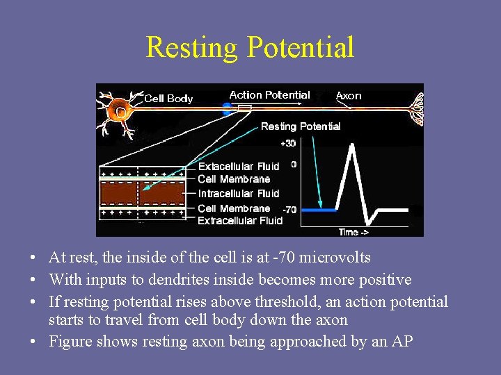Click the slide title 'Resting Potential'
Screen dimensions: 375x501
point(250,47)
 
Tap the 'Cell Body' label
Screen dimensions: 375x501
point(168,99)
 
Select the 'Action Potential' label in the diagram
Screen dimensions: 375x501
point(269,95)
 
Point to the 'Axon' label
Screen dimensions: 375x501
point(349,96)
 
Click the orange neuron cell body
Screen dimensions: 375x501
point(120,110)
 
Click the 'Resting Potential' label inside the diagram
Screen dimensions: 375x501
point(301,126)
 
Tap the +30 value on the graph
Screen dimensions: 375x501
point(288,144)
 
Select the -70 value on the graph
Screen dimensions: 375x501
point(290,209)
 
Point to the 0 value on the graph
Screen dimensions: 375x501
point(294,165)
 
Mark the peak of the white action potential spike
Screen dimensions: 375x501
point(353,144)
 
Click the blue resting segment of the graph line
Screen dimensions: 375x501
point(318,209)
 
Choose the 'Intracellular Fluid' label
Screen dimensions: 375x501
point(239,194)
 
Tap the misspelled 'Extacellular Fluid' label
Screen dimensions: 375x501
point(239,167)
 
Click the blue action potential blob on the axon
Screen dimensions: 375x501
point(226,108)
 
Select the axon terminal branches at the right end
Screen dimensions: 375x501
point(413,108)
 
